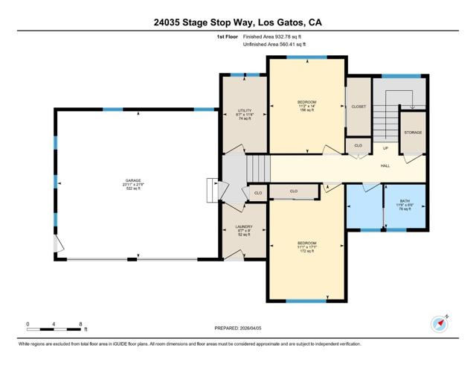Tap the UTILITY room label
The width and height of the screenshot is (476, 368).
pyautogui.click(x=245, y=113)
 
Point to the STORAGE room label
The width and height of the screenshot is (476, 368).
pyautogui.click(x=413, y=132)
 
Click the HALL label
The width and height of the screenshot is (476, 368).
pyautogui.click(x=385, y=165)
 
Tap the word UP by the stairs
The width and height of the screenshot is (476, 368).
pyautogui.click(x=385, y=147)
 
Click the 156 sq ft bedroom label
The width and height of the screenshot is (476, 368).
pyautogui.click(x=307, y=106)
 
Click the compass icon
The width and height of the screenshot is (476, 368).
pyautogui.click(x=439, y=324)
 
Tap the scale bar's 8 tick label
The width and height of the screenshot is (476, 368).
pyautogui.click(x=80, y=323)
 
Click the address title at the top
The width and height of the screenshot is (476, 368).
pyautogui.click(x=238, y=22)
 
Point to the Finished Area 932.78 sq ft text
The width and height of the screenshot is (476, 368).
pyautogui.click(x=274, y=36)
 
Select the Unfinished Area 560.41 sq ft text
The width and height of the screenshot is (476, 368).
pyautogui.click(x=274, y=45)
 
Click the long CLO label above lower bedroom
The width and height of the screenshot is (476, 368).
pyautogui.click(x=293, y=191)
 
